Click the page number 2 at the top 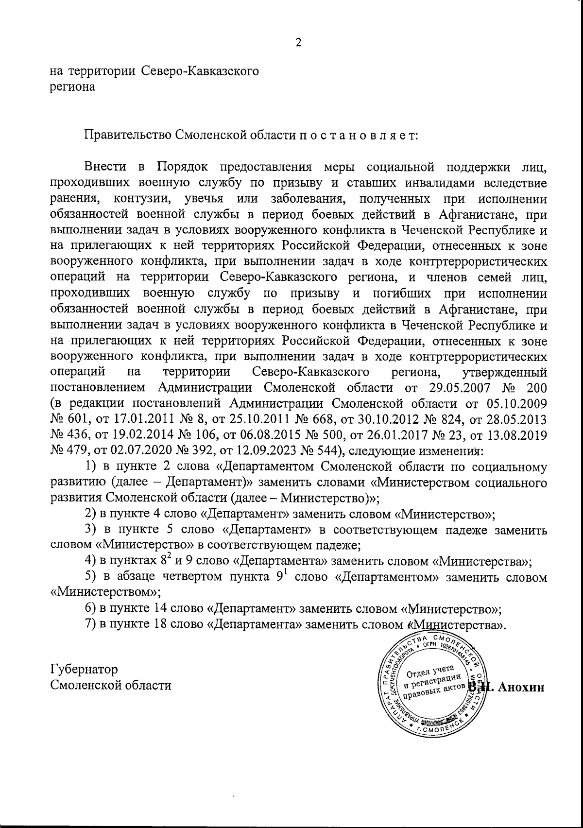(298, 43)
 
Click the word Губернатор (84, 669)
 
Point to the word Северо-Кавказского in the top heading (200, 71)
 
